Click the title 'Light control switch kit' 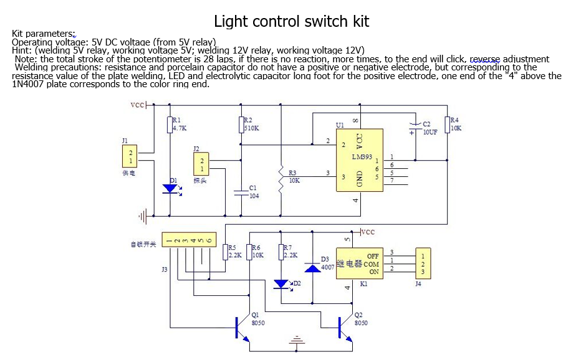pos(291,22)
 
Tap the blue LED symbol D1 pos(169,188)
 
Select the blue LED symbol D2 pos(281,284)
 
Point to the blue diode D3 pos(312,267)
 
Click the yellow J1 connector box pos(130,156)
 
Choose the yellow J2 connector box pos(202,164)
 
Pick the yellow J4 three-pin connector pos(422,263)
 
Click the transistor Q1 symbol pos(240,328)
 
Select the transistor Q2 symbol pos(343,328)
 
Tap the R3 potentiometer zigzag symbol pos(282,181)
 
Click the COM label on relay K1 pos(371,264)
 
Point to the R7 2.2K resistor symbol pos(281,252)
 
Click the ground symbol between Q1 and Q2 pos(295,341)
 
